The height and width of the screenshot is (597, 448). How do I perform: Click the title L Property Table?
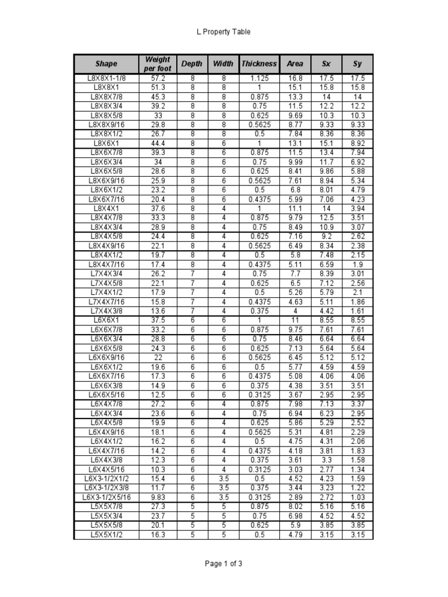point(223,32)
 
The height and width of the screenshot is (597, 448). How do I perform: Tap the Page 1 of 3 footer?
point(223,564)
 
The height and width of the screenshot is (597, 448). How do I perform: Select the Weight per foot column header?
point(157,64)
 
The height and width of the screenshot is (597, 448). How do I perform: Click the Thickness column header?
point(260,64)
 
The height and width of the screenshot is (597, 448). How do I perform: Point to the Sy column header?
point(358,64)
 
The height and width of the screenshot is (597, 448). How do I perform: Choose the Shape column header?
point(106,64)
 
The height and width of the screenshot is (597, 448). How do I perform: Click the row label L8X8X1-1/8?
point(106,78)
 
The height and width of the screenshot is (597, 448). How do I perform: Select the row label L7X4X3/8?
point(106,311)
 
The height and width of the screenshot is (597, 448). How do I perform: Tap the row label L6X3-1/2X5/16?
point(106,497)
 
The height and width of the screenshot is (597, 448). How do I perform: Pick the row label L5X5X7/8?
point(106,506)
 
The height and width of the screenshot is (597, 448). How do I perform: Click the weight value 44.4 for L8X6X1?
point(157,143)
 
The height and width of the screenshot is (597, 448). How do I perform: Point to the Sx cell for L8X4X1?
point(326,208)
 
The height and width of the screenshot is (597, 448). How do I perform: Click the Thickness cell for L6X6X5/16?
point(260,395)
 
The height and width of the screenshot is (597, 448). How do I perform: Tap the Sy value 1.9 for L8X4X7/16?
point(358,264)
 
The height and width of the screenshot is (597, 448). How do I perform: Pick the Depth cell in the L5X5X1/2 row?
point(192,534)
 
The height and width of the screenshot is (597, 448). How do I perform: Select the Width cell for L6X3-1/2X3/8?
point(223,487)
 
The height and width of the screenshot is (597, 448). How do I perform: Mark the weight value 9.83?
point(157,497)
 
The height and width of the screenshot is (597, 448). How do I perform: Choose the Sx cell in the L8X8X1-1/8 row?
point(326,78)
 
